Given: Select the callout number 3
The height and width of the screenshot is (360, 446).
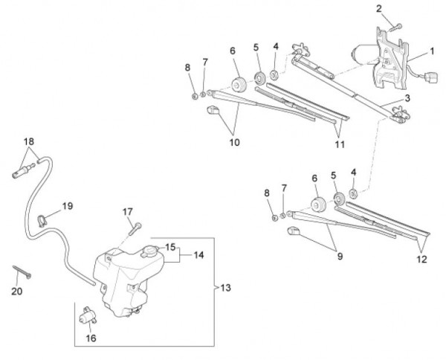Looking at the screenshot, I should coord(407,98).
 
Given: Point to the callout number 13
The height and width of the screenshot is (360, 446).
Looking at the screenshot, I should coord(226,287).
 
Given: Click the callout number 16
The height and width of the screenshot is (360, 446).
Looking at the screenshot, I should coord(92,338).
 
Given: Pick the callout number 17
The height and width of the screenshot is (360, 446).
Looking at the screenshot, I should coord(127,212).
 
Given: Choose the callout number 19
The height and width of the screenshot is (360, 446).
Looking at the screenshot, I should coord(67,205).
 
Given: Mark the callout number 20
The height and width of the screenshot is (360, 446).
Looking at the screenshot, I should coord(17,292).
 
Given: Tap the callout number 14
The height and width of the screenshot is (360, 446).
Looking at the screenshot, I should coord(198,254).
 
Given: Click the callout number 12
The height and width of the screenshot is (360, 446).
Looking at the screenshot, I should coord(421,260).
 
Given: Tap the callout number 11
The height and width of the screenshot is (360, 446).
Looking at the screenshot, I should coord(340,144).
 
